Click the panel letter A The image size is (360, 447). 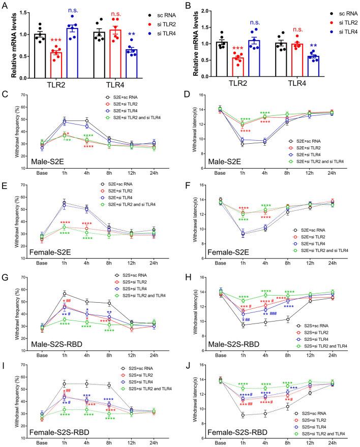[5, 6]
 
